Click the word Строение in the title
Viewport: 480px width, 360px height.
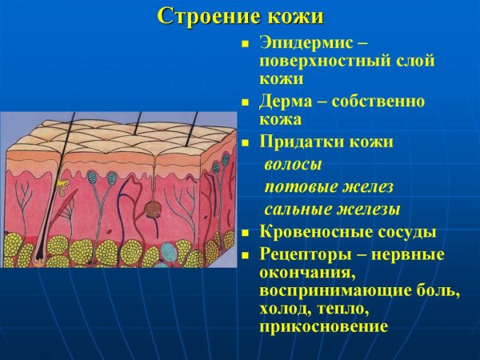click(198, 15)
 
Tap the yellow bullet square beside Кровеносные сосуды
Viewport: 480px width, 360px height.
click(246, 234)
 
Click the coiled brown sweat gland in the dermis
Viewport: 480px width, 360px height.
click(152, 210)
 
